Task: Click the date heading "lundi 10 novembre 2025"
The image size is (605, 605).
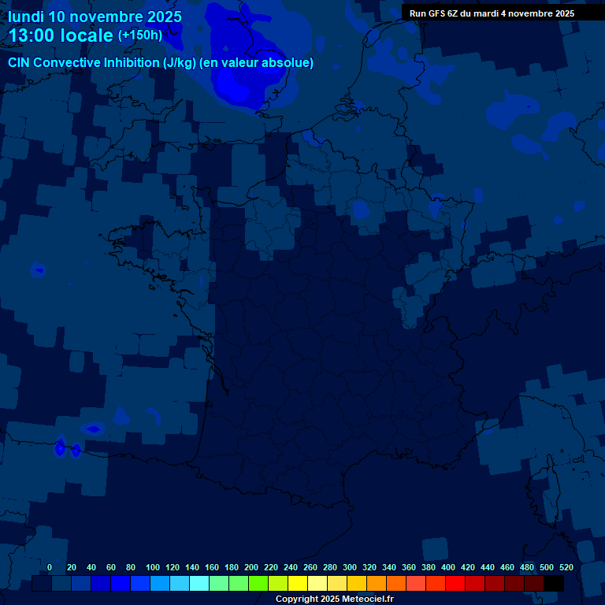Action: click(95, 17)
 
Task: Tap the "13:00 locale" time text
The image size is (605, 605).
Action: click(61, 35)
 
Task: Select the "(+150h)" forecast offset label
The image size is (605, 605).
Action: click(140, 35)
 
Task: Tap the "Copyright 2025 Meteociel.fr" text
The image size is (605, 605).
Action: click(334, 599)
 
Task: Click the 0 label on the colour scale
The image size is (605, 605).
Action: click(50, 567)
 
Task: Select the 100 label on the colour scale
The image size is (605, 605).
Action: click(153, 567)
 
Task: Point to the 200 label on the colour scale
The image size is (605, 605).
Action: click(251, 567)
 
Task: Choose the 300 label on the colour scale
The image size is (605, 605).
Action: click(350, 567)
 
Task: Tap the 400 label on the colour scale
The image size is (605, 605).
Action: click(448, 567)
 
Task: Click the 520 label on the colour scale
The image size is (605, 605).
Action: click(566, 567)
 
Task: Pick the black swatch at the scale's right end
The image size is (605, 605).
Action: click(554, 584)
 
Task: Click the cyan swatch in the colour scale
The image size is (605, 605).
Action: click(199, 584)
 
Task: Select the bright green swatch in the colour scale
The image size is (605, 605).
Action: click(258, 584)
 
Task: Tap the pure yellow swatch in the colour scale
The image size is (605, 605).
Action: click(298, 584)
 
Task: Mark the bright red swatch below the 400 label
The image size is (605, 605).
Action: click(455, 584)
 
